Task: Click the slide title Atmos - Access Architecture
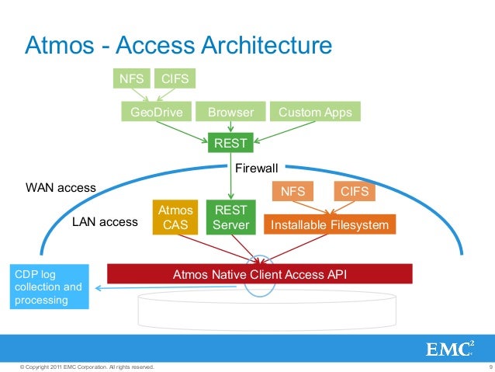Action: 179,46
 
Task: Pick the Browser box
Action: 230,113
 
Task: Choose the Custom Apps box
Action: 314,113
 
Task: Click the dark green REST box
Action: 230,143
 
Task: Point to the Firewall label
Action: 256,167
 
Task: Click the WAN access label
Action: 61,187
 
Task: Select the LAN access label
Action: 105,222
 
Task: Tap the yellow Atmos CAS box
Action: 174,217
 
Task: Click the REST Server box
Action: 230,217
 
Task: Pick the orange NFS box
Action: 292,191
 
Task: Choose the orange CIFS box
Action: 355,191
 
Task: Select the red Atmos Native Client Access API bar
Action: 258,274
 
